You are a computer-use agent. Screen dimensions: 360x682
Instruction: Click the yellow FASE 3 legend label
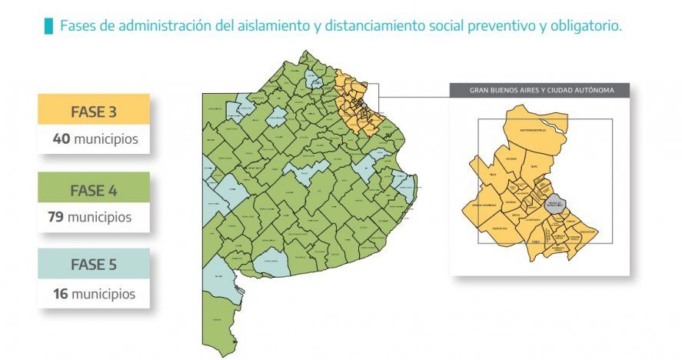click(93, 111)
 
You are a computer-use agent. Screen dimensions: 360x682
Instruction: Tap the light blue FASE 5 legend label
click(93, 265)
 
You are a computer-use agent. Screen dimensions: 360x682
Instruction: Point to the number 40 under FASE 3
click(62, 139)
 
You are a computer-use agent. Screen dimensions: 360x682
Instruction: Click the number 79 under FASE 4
click(55, 218)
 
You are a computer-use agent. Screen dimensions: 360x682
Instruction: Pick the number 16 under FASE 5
click(62, 294)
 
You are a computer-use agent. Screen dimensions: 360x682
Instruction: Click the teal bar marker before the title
click(49, 26)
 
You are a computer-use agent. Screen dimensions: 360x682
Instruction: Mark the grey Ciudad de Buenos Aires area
click(555, 205)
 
